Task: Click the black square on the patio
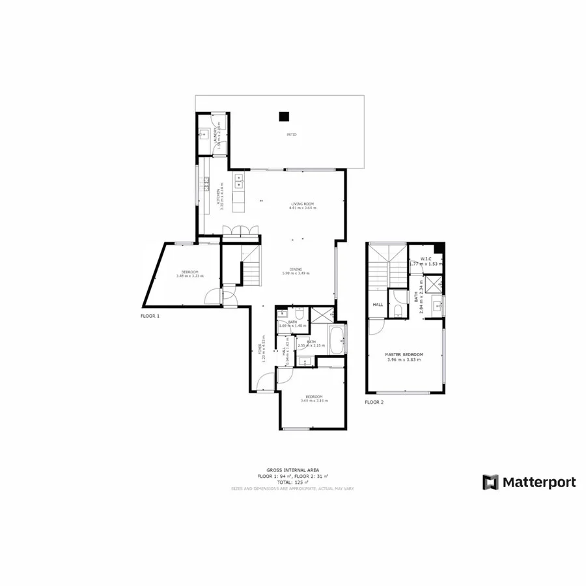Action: point(284,117)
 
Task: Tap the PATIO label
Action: point(292,134)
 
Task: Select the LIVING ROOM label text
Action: point(303,204)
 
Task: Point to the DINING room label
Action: point(296,269)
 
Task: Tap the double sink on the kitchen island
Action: point(239,177)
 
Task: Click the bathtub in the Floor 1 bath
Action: point(337,340)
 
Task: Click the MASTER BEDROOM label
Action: point(405,355)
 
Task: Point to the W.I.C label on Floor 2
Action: point(426,259)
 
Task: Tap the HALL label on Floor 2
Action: point(378,304)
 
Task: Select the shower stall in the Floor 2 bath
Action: point(435,283)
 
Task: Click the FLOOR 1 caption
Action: point(150,315)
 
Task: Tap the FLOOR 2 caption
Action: point(374,402)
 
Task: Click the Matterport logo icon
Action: point(490,482)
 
